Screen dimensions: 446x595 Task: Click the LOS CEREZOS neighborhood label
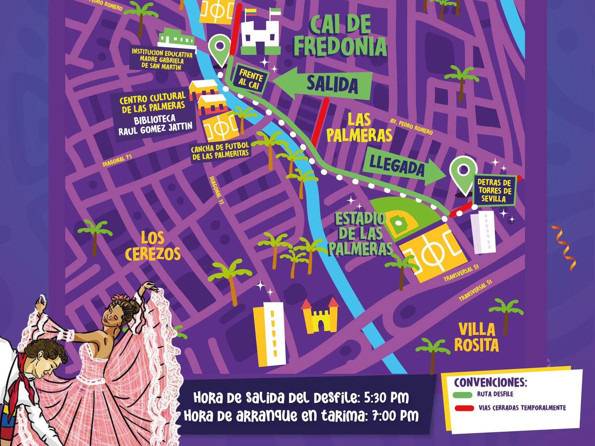point(153,246)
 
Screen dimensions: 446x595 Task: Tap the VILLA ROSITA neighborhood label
point(476,337)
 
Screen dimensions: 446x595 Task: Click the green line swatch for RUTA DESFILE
point(462,395)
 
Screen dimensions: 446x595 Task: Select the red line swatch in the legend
point(462,408)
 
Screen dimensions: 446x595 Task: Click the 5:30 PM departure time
point(384,398)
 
